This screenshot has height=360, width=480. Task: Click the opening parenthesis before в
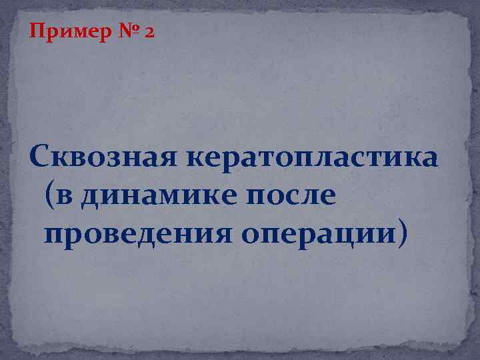point(53,198)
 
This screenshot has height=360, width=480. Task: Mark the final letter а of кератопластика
point(429,161)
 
